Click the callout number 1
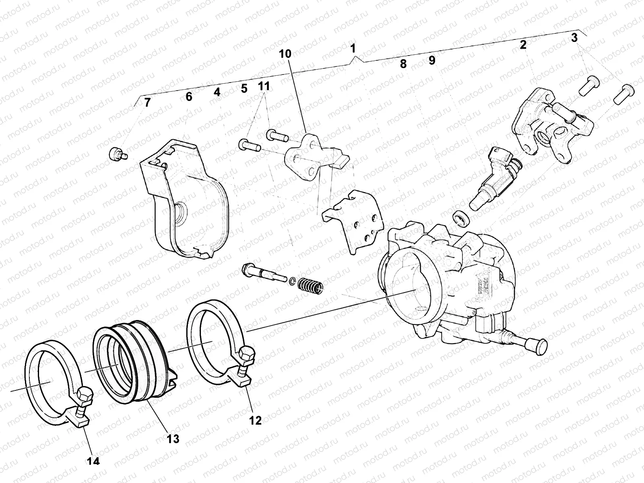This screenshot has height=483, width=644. coord(353,49)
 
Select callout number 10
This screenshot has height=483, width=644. coord(285,54)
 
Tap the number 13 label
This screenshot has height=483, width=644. coord(173,438)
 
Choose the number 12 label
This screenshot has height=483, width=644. coord(255,421)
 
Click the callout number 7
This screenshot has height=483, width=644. coord(147,103)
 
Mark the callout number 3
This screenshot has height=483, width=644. coord(574,38)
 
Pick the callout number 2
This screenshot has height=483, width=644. coord(523,45)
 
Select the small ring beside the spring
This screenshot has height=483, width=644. coord(293,280)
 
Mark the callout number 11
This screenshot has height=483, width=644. coord(264,87)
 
